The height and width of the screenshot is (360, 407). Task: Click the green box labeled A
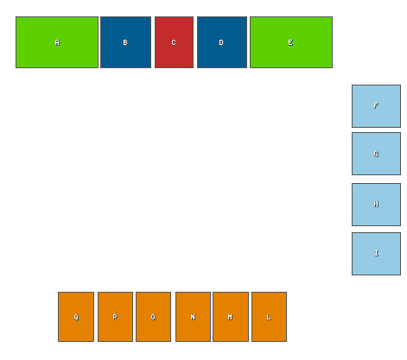coord(57,42)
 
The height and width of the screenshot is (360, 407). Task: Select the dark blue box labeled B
coord(125,42)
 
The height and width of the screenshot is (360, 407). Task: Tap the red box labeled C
coord(174,42)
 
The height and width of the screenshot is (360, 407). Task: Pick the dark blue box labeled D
coord(222,42)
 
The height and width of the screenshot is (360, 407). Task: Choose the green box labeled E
coord(291,42)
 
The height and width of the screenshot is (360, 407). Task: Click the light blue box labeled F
coord(376,106)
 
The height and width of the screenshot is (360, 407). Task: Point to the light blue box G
coord(376,154)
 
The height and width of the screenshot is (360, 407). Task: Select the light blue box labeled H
coord(376,205)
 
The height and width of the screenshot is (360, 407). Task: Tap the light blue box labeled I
coord(376,254)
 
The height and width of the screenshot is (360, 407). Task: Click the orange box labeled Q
coord(76,317)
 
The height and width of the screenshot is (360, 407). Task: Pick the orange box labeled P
coord(115,317)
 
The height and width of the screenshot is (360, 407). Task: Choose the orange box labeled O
coord(153,317)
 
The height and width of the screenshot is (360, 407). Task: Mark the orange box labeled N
coord(193,317)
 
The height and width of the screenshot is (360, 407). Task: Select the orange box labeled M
coord(231,317)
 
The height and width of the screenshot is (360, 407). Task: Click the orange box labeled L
coord(269,317)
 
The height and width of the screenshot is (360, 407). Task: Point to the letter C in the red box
coord(174,42)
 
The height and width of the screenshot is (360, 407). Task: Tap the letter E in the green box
coord(290,42)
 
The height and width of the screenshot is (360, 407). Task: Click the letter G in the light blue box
coord(376,154)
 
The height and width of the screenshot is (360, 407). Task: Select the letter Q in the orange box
coord(76,317)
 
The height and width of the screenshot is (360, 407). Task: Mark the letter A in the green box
coord(57,42)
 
